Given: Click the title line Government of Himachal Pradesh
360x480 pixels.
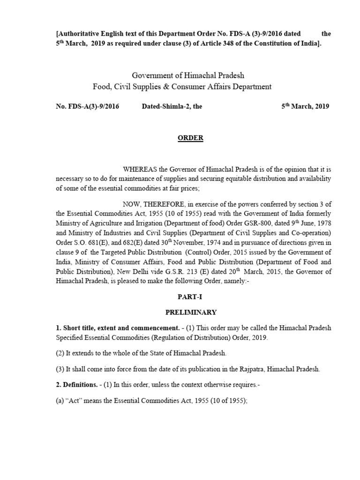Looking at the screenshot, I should (188, 75).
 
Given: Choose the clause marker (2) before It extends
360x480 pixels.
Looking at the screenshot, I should (60, 352).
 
